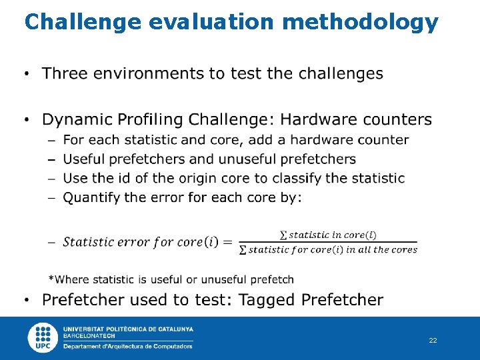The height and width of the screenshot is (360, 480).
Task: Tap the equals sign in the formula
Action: pos(228,242)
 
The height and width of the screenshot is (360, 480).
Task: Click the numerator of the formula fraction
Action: pos(327,235)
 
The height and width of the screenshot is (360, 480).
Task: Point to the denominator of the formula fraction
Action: pos(327,250)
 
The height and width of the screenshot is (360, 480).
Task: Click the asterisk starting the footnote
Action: pos(51,279)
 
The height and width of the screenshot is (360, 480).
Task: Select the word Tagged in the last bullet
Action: pos(267,300)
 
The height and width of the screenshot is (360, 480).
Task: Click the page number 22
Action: pos(433,341)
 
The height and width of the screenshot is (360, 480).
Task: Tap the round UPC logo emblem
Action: pos(43,337)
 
